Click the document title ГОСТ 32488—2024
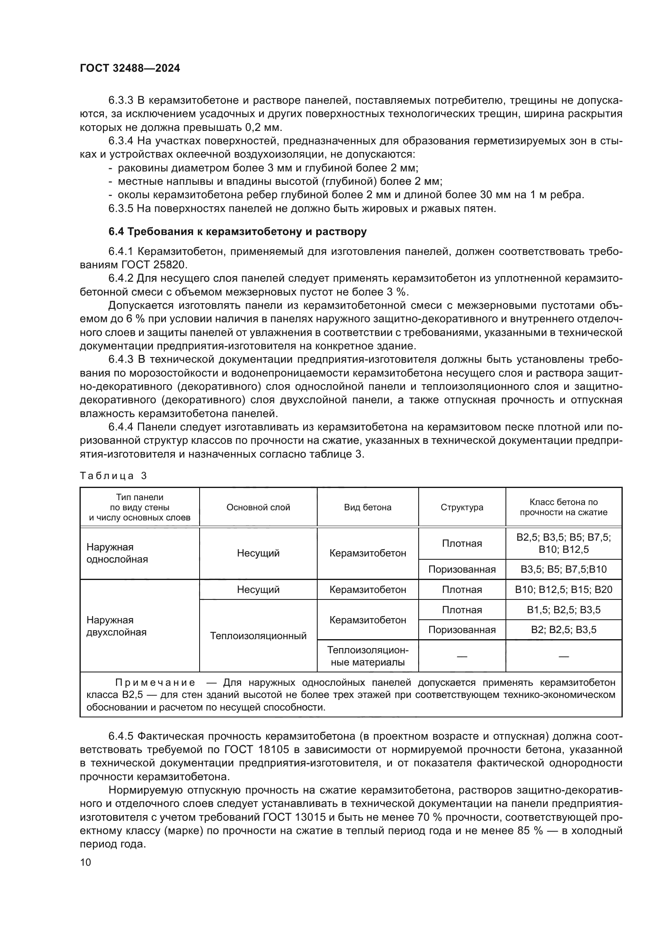pyautogui.click(x=130, y=68)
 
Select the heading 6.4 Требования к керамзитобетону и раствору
pyautogui.click(x=238, y=232)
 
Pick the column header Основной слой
pyautogui.click(x=258, y=507)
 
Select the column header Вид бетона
pyautogui.click(x=368, y=507)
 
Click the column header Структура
pyautogui.click(x=462, y=507)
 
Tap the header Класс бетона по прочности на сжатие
pyautogui.click(x=563, y=507)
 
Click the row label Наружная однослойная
pyautogui.click(x=117, y=553)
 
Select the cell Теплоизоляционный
pyautogui.click(x=258, y=636)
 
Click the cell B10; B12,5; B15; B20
pyautogui.click(x=563, y=589)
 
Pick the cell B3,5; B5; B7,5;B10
pyautogui.click(x=563, y=569)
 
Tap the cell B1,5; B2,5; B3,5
pyautogui.click(x=563, y=610)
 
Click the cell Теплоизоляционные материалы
pyautogui.click(x=368, y=656)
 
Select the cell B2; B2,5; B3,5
pyautogui.click(x=563, y=630)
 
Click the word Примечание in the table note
pyautogui.click(x=155, y=683)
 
